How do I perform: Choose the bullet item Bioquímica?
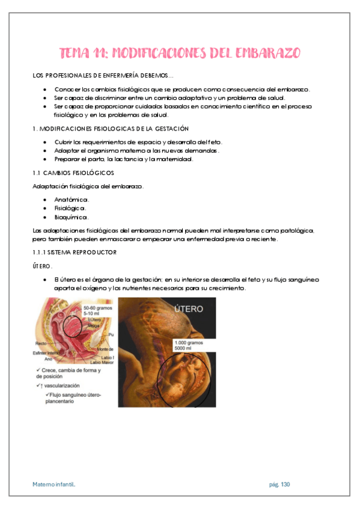click(72, 217)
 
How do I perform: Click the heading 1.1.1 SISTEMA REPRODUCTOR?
click(75, 252)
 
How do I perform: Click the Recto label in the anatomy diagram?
click(40, 343)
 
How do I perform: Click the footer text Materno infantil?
click(54, 484)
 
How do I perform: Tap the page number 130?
click(285, 484)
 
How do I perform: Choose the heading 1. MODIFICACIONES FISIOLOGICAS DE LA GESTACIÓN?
click(111, 129)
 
